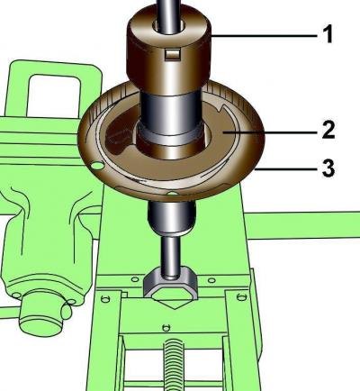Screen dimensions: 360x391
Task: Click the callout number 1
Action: (328, 34)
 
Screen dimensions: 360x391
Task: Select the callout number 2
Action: (328, 130)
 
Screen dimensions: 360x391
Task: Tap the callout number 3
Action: (328, 168)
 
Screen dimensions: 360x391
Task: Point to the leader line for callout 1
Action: (264, 36)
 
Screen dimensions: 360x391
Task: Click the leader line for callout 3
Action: (286, 169)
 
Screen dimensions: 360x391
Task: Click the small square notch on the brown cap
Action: (172, 54)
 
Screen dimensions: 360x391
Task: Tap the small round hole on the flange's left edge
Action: (97, 165)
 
